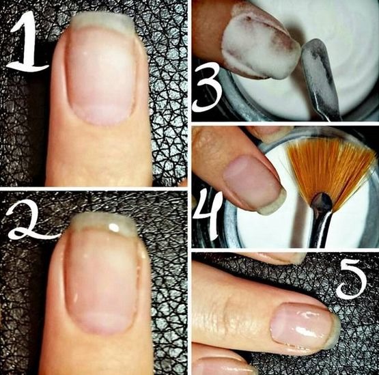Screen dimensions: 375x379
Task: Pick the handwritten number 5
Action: (352, 279)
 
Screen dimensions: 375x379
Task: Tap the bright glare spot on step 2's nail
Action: (115, 226)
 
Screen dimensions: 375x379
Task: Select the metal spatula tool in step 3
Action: (321, 75)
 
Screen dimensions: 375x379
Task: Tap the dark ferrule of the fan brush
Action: (321, 205)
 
